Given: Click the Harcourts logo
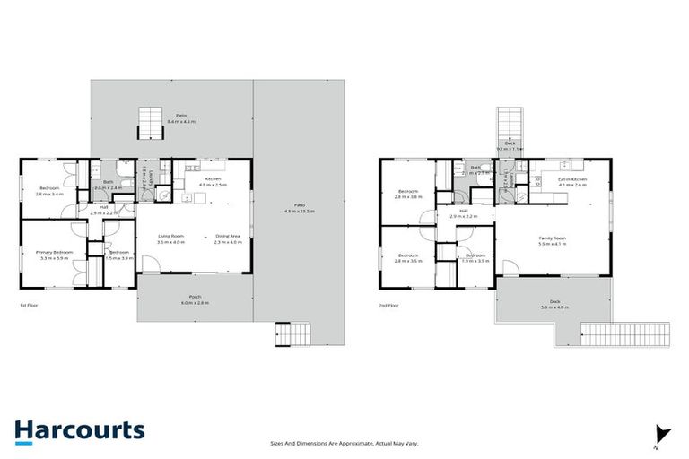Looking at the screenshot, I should [x=79, y=429].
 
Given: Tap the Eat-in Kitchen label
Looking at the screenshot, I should [x=571, y=181].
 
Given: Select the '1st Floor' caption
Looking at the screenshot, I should [x=29, y=305].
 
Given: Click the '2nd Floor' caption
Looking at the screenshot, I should [x=389, y=305].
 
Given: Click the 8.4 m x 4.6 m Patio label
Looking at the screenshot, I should [x=181, y=117].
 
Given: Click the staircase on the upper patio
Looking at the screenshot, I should [x=151, y=125].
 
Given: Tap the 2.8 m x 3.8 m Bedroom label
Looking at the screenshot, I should [x=408, y=193].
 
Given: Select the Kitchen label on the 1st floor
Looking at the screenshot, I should [x=213, y=181].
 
